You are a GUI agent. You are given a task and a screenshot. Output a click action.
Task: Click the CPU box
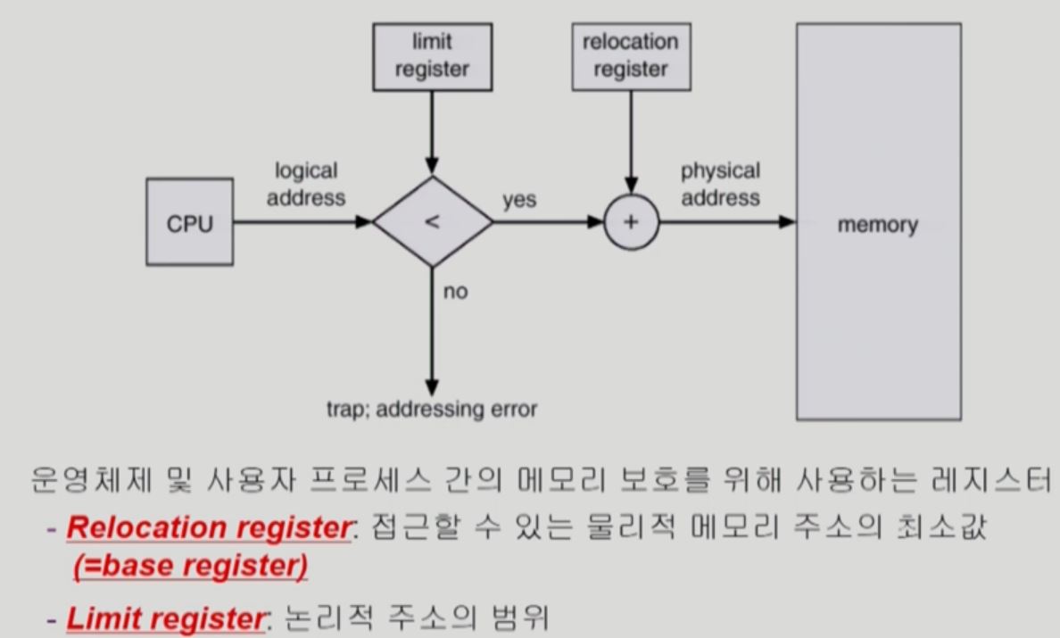coord(190,221)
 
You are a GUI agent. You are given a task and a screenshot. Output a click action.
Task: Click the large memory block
coord(878,221)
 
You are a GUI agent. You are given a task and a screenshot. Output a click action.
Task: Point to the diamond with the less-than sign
coord(433,221)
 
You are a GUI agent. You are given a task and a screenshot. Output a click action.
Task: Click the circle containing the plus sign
coord(631,221)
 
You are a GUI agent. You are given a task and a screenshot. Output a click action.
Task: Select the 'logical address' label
coord(306,185)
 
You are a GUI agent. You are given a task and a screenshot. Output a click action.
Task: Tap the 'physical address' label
coord(720,185)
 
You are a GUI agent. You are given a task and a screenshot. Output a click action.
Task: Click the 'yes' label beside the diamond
coord(519,200)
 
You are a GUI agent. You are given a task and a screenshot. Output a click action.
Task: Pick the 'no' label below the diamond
coord(455,292)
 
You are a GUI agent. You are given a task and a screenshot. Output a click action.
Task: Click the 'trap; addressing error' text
coord(432,410)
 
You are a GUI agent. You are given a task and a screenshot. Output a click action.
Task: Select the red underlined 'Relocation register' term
coord(209,527)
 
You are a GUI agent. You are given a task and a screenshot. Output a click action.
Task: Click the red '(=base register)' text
coord(191,566)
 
